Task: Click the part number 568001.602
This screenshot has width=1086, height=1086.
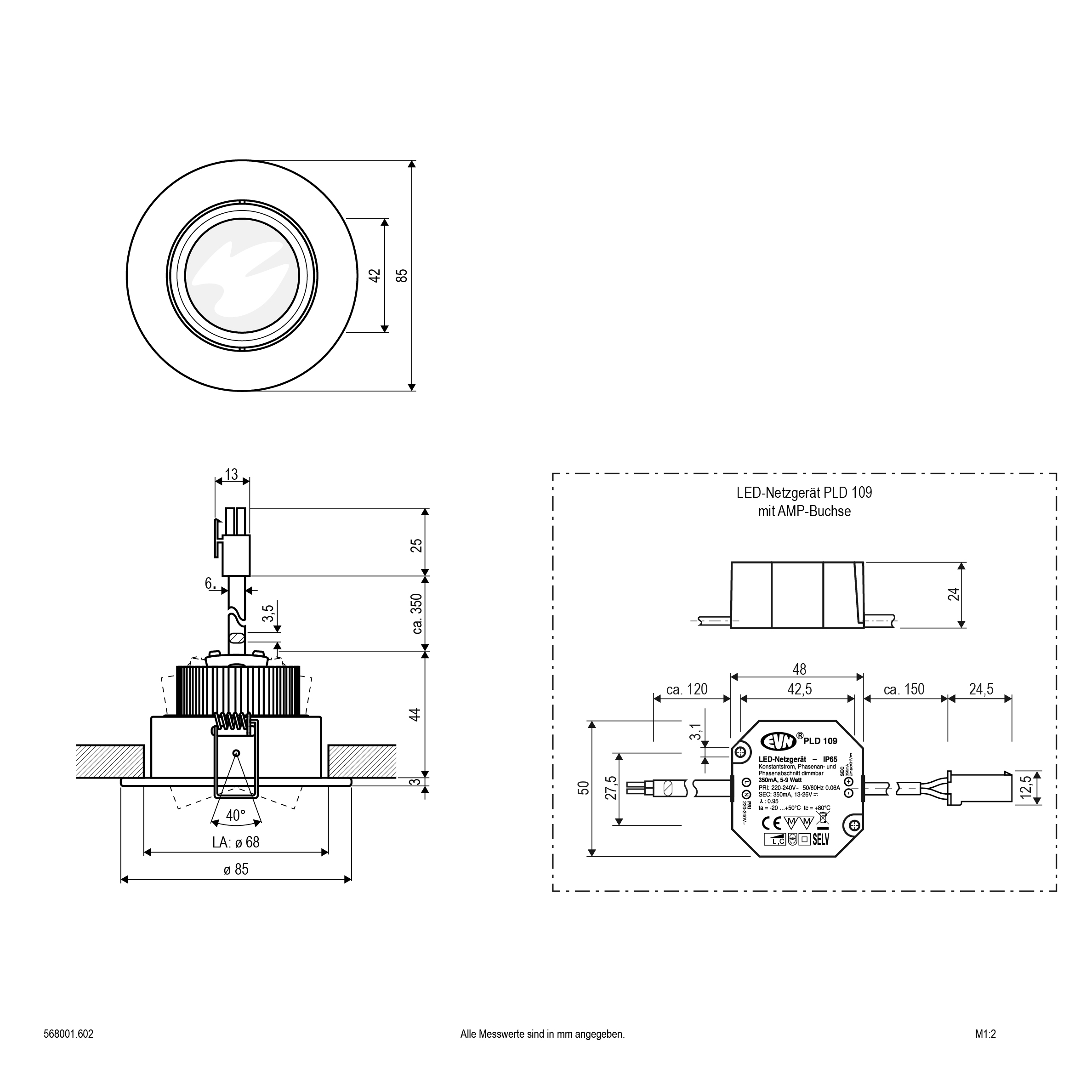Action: click(68, 1034)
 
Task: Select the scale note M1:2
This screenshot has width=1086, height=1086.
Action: click(985, 1034)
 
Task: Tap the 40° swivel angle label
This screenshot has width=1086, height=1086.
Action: click(235, 815)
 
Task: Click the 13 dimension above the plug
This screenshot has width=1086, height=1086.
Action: click(232, 474)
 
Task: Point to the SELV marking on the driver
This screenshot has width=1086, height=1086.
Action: click(821, 840)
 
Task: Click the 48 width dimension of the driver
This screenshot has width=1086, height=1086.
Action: click(799, 669)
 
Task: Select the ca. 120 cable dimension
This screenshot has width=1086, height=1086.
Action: click(687, 689)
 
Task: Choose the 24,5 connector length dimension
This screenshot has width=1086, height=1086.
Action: click(981, 689)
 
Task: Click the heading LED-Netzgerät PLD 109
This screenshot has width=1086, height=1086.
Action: click(804, 492)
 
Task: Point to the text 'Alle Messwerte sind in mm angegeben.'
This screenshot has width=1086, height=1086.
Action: click(542, 1034)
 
